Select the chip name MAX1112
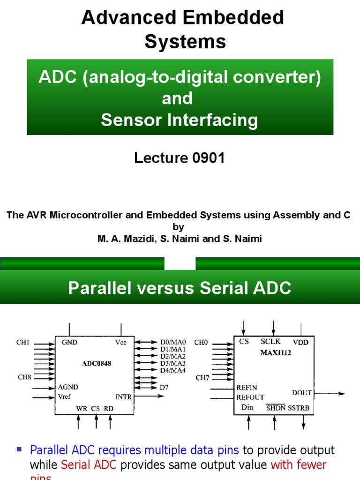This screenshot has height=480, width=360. coord(276,353)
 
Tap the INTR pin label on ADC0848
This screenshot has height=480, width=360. coord(124,397)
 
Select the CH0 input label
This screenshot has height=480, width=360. coord(201,343)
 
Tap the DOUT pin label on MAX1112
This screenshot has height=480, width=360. coord(301,393)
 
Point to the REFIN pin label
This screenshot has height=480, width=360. coord(247,388)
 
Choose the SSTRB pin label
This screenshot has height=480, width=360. coord(299,408)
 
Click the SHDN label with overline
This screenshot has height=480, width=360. coord(276,408)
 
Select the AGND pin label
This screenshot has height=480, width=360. coord(68,387)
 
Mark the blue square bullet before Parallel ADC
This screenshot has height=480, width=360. coord(20,449)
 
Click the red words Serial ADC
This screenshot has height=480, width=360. coord(84,465)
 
